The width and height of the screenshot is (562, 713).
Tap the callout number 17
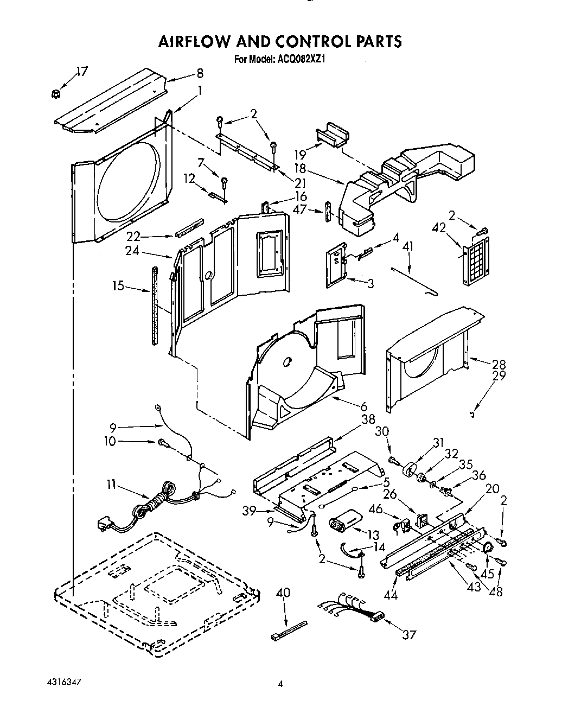coord(82,72)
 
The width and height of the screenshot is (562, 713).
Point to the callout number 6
coord(363,406)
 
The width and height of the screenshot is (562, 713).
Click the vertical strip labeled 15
coord(155,305)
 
